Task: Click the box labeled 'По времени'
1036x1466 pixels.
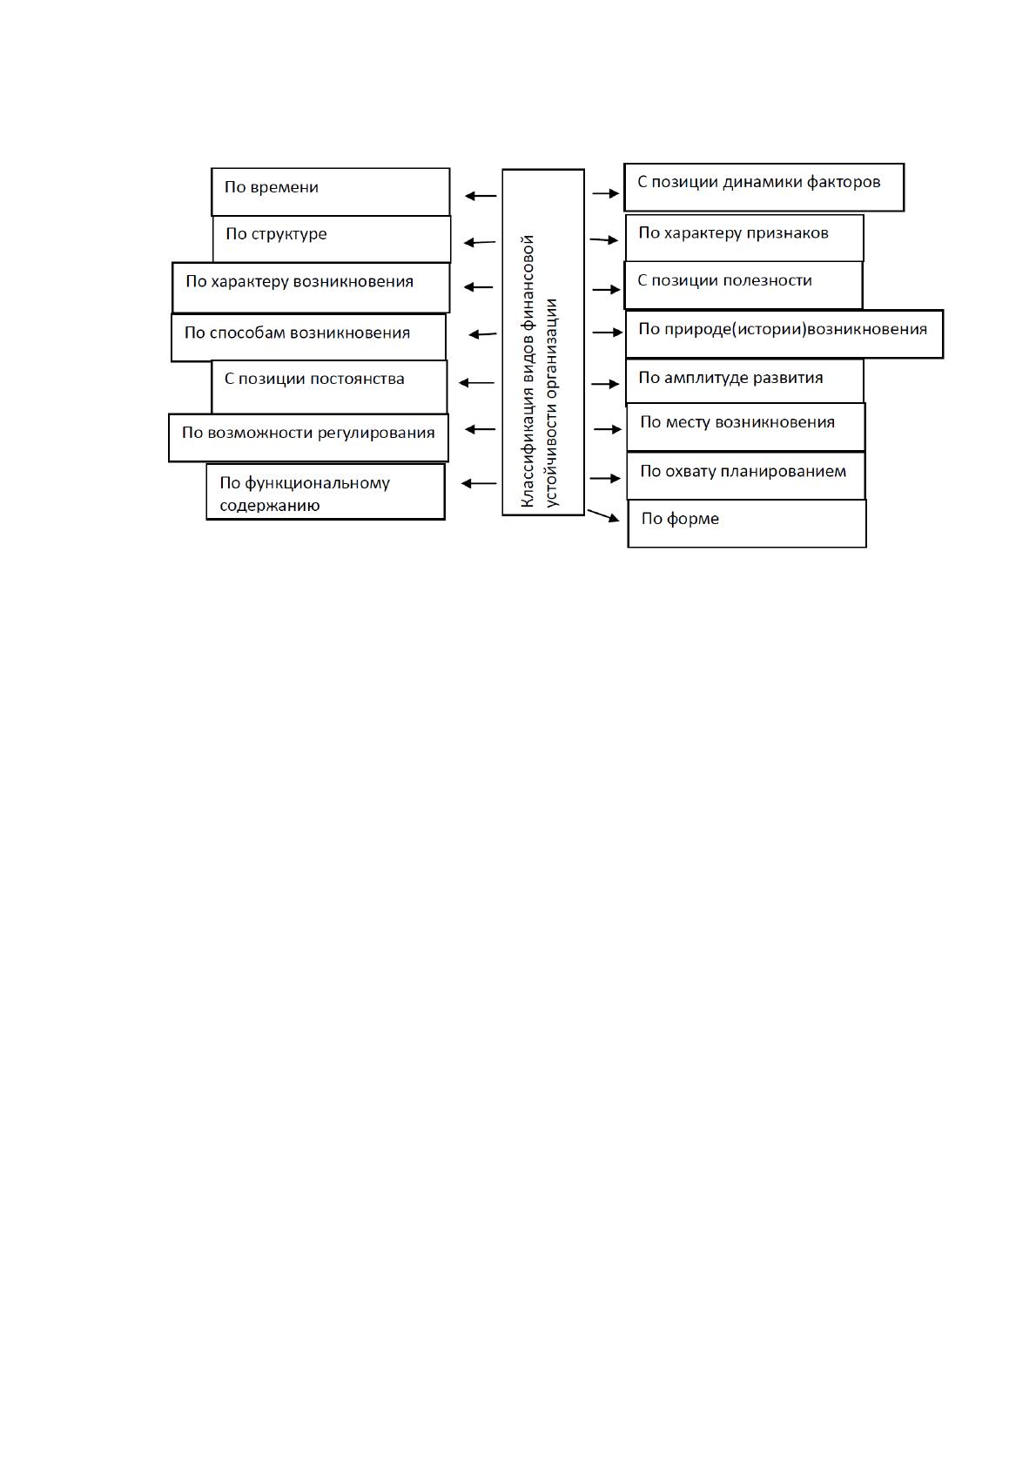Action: click(x=331, y=192)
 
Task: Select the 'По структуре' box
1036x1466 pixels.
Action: click(x=332, y=239)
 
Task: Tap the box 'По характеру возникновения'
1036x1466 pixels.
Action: click(x=311, y=287)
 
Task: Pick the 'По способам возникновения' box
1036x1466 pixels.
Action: click(x=309, y=338)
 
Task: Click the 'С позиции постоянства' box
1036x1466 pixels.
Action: click(x=329, y=387)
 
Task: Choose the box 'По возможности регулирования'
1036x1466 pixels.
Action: click(x=308, y=438)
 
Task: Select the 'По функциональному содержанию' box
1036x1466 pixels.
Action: click(x=326, y=492)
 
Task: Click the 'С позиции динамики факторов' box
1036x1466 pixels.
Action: click(x=764, y=187)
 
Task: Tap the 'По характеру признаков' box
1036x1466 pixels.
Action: click(x=744, y=238)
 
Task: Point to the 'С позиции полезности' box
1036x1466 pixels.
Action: click(x=743, y=286)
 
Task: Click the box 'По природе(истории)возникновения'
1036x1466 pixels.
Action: click(x=784, y=333)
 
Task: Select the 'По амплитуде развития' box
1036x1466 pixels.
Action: click(x=744, y=381)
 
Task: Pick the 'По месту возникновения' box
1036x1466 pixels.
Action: click(x=746, y=427)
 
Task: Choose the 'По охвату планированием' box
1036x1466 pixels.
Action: click(x=746, y=476)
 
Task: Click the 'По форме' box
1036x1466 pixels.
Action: click(x=747, y=523)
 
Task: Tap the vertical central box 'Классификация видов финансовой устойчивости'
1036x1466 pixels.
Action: click(x=543, y=342)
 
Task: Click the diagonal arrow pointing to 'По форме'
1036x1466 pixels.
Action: click(x=602, y=515)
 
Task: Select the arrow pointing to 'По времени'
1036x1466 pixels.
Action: click(x=481, y=195)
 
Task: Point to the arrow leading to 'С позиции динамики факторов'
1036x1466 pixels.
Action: click(x=605, y=193)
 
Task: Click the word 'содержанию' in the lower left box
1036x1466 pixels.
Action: click(x=270, y=505)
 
